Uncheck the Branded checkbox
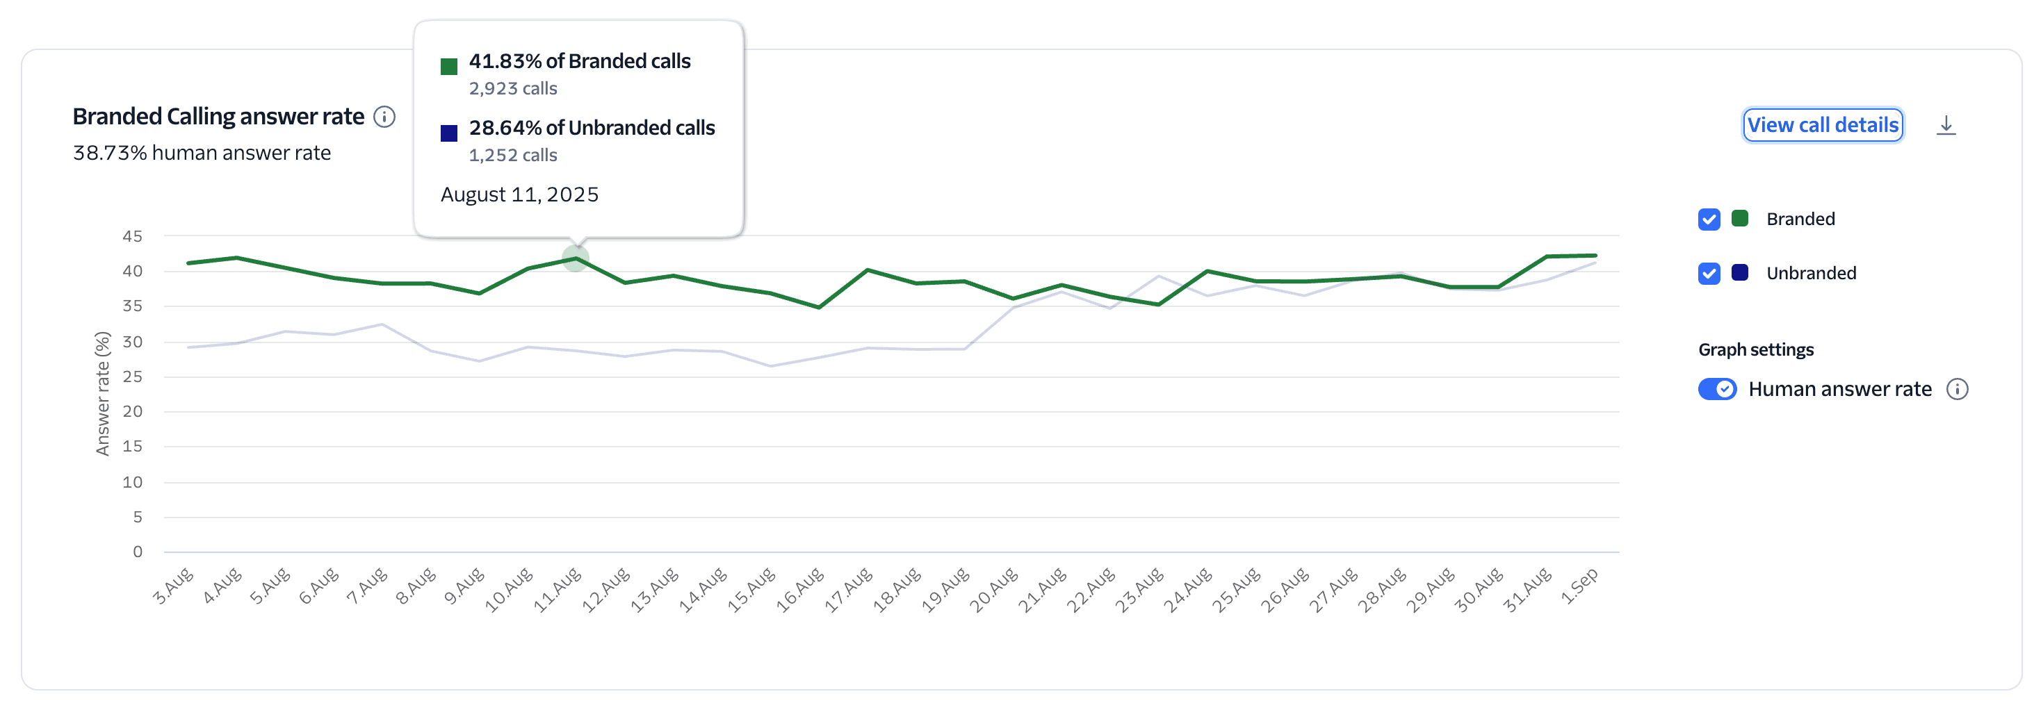point(1709,220)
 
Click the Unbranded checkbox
point(1709,274)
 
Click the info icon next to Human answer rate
point(1957,389)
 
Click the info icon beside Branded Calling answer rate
point(384,117)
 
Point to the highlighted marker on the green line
point(576,258)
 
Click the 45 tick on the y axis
point(133,236)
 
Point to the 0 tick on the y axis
point(138,552)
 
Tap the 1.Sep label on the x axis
point(1579,586)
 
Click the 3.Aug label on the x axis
point(173,586)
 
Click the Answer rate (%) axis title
point(103,393)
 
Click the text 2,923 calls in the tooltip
point(512,89)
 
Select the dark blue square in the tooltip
point(448,133)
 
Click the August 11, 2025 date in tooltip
point(519,195)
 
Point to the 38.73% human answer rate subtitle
point(202,153)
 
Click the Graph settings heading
point(1755,349)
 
